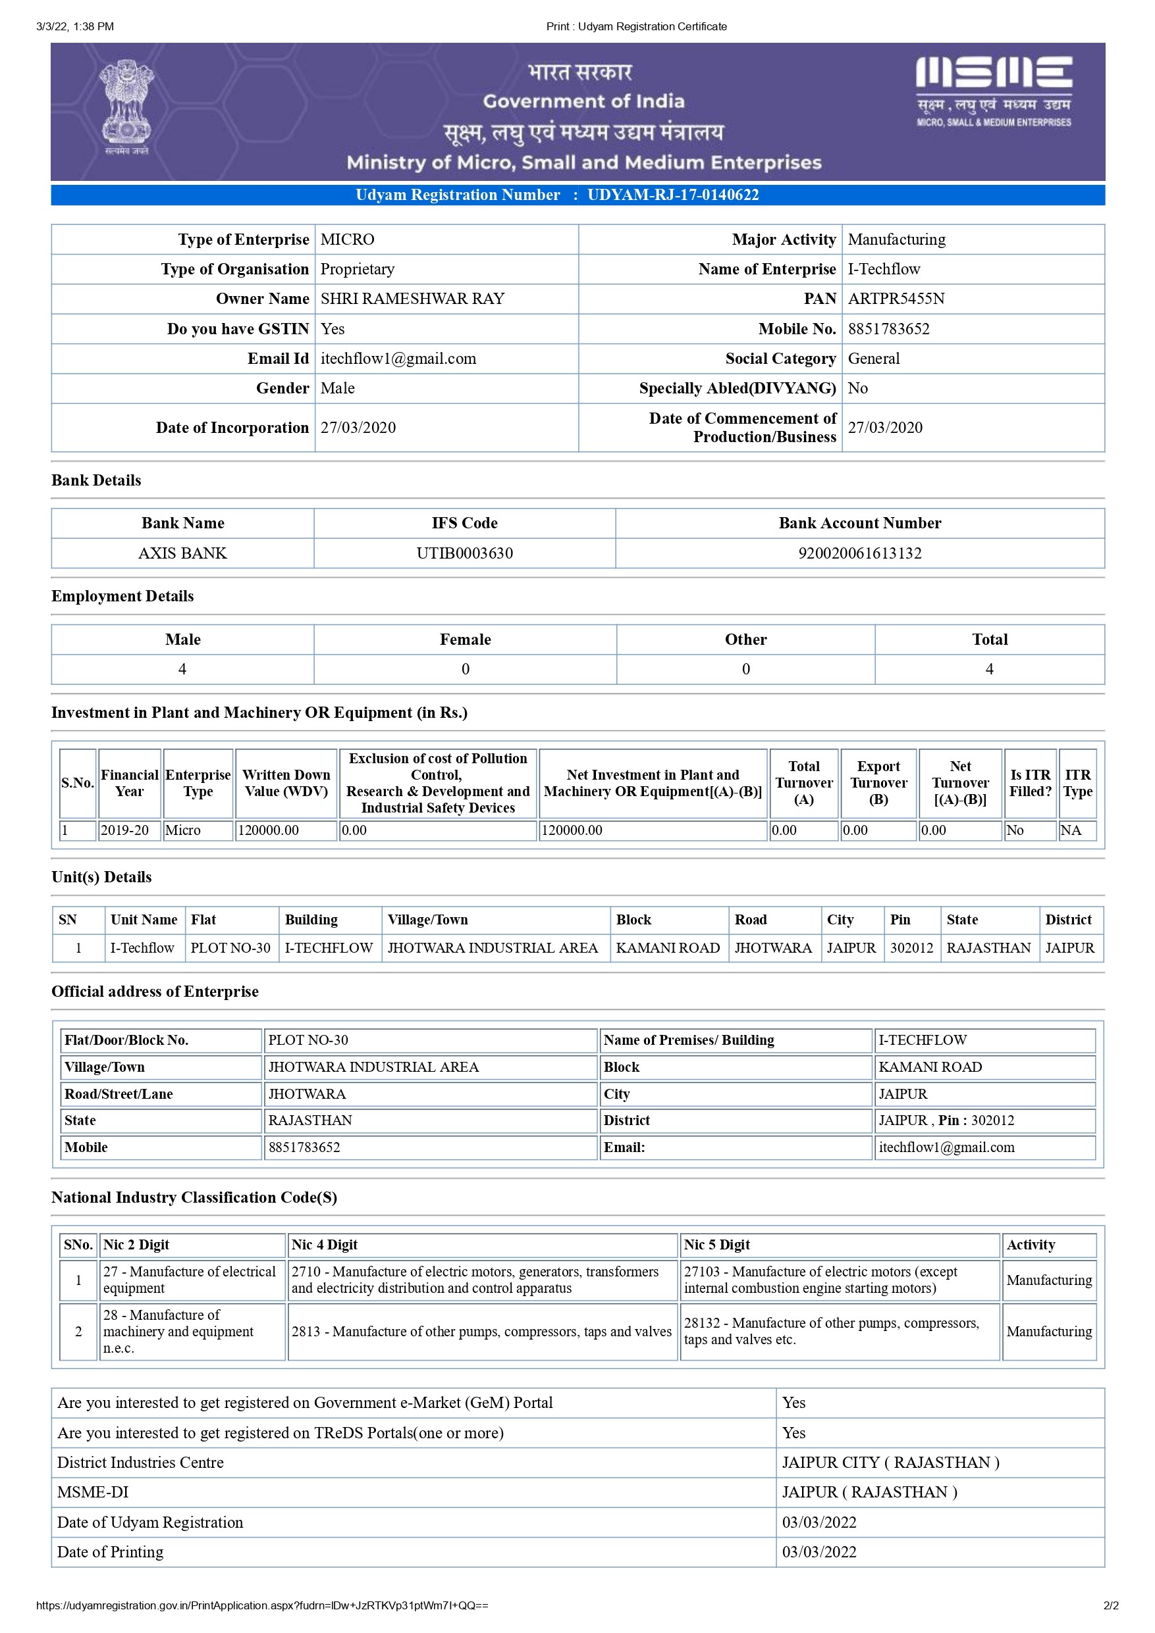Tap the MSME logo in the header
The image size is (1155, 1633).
click(x=994, y=91)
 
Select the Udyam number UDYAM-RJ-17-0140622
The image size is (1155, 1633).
click(x=672, y=195)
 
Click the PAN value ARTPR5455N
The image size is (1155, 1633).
click(x=896, y=299)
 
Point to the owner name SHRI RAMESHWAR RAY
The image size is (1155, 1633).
click(x=412, y=299)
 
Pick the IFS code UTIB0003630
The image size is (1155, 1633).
click(x=464, y=553)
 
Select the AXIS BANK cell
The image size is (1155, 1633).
click(x=182, y=553)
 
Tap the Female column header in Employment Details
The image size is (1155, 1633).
click(x=465, y=640)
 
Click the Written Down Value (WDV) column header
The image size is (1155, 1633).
click(x=286, y=783)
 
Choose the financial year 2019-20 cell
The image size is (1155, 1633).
click(x=125, y=830)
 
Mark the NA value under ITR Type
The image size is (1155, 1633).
click(x=1070, y=830)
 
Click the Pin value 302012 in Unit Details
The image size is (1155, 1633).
click(x=911, y=948)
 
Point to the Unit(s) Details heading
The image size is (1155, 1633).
click(x=102, y=877)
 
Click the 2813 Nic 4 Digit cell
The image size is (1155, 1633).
click(x=481, y=1332)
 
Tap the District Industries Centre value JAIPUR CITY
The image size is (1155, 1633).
click(x=890, y=1463)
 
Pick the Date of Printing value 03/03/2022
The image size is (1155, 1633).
click(x=819, y=1552)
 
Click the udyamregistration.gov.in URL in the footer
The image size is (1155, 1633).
click(x=262, y=1605)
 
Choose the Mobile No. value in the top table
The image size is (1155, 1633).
click(x=888, y=328)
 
